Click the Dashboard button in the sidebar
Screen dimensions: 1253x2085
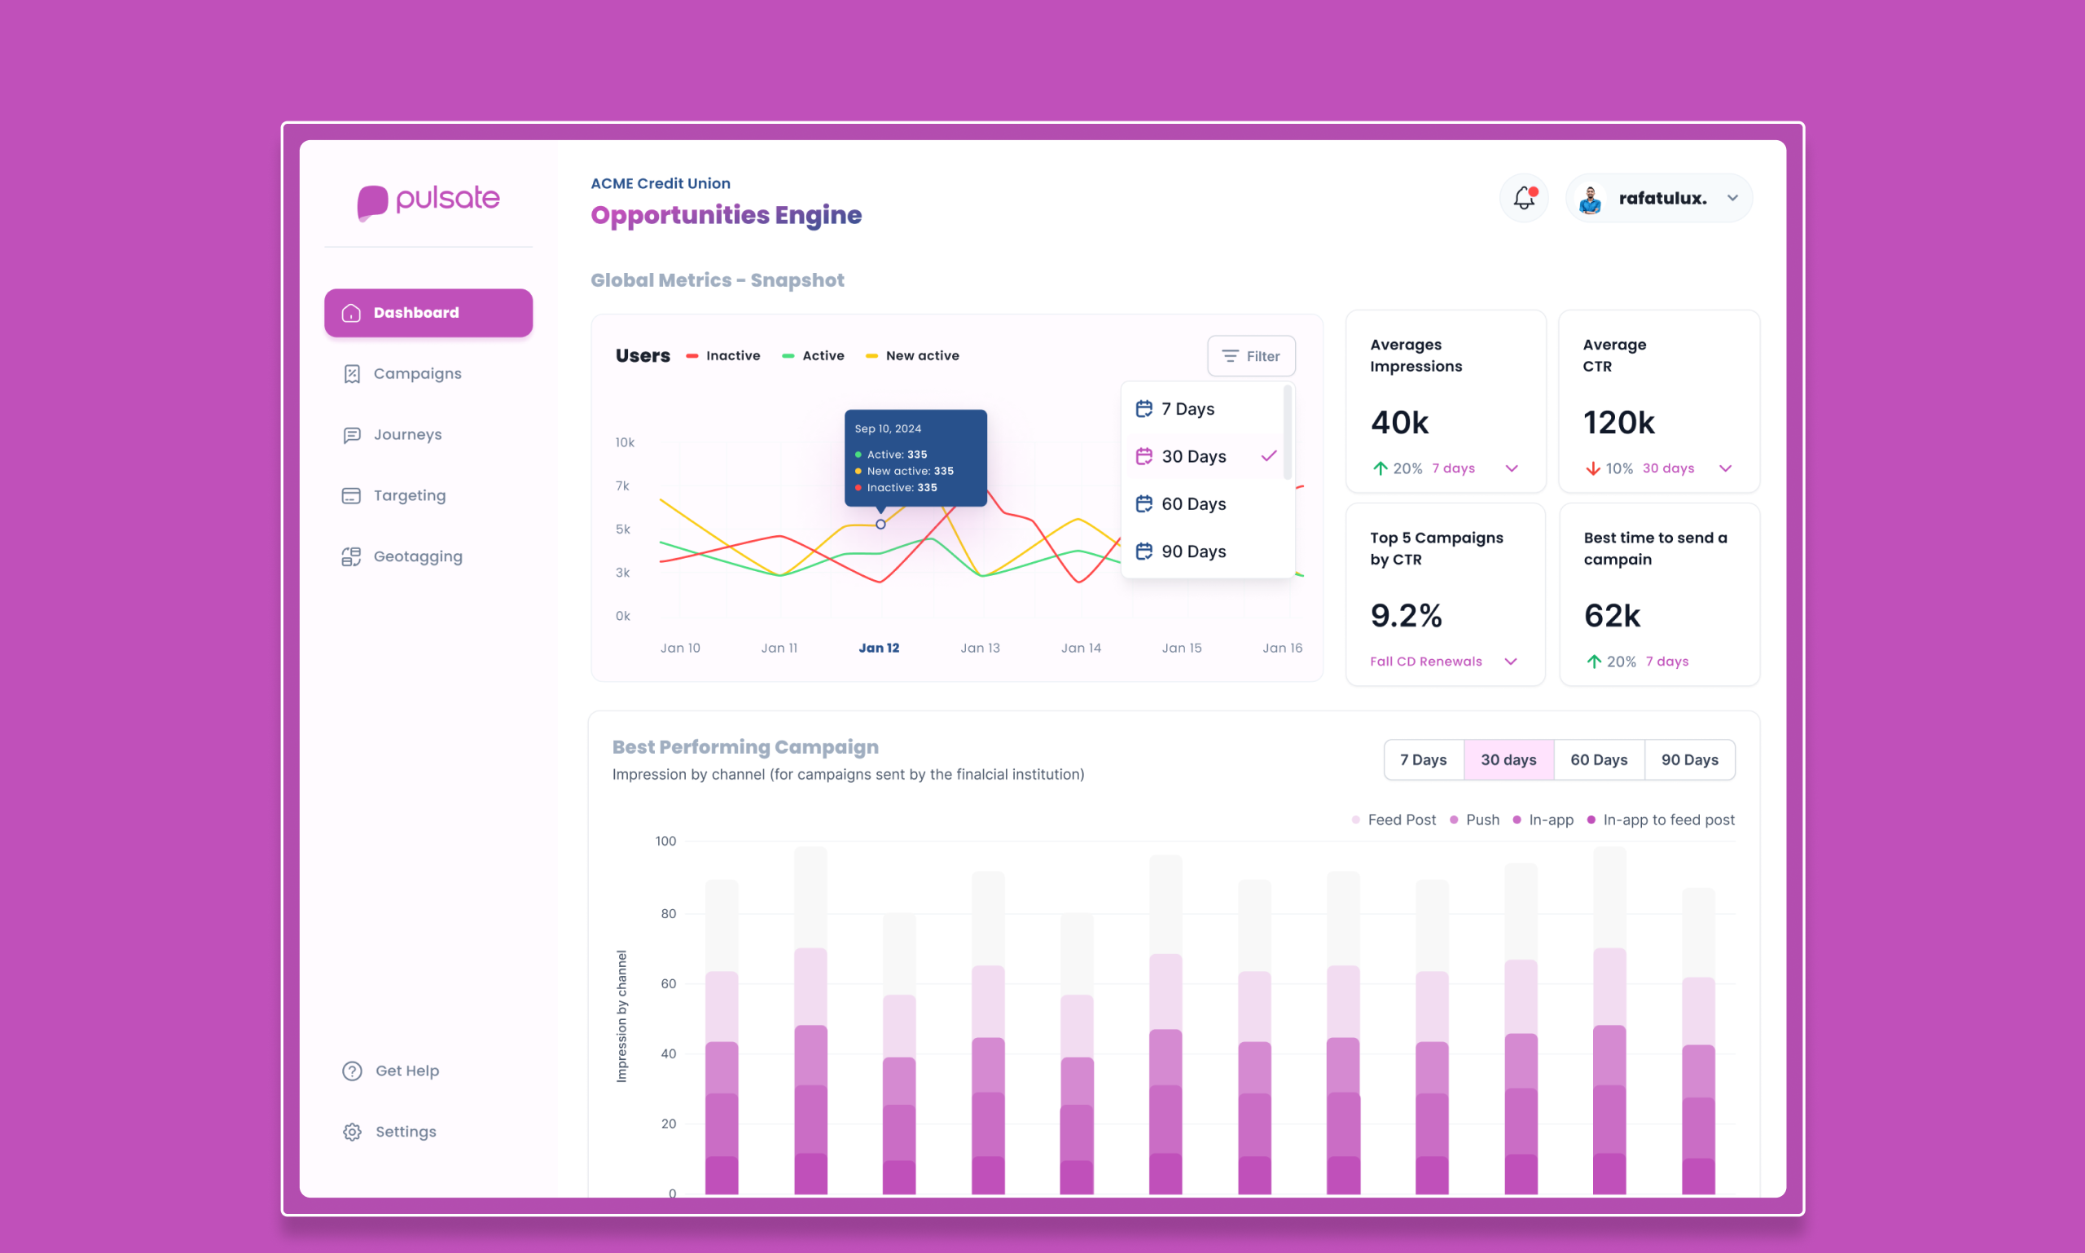[x=428, y=312]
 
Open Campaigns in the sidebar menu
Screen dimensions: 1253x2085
[x=416, y=373]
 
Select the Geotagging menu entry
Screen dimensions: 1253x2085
[x=417, y=556]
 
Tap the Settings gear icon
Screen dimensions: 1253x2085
[x=352, y=1132]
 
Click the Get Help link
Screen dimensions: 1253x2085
[x=406, y=1071]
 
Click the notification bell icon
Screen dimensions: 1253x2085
[x=1524, y=199]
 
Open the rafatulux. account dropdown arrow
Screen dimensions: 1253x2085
[x=1732, y=199]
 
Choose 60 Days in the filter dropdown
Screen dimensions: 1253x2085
[x=1192, y=504]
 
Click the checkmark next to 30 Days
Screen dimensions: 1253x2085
[x=1268, y=456]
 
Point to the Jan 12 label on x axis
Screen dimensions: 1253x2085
[x=879, y=648]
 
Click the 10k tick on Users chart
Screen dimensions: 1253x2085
[x=625, y=442]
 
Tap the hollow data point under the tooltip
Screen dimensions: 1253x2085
[x=880, y=525]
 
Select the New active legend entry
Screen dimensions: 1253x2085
[x=921, y=355]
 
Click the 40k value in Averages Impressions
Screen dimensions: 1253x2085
[x=1399, y=422]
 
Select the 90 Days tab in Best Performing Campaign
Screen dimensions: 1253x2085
[x=1689, y=760]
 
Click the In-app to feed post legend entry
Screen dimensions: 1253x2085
[x=1667, y=820]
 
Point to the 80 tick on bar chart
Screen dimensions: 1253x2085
[x=668, y=913]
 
